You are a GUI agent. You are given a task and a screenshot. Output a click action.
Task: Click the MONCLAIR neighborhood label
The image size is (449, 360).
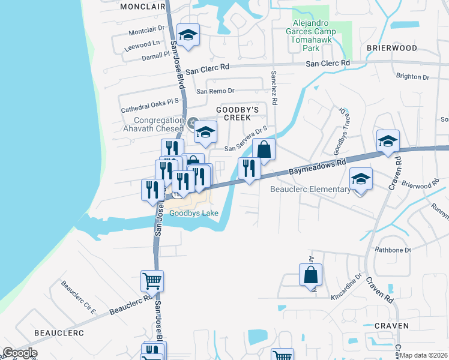pos(142,7)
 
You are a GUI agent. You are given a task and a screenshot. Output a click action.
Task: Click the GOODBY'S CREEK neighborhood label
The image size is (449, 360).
pos(237,113)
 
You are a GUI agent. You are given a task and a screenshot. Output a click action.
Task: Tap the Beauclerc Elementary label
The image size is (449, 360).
pos(310,190)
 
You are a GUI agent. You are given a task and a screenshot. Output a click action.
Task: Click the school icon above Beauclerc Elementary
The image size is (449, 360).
pos(361,179)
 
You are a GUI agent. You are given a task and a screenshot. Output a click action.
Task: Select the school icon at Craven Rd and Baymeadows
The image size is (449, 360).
pos(388,141)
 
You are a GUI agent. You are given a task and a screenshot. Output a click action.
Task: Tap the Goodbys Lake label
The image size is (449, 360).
pos(193,213)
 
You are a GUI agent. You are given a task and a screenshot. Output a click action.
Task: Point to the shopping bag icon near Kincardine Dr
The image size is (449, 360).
pos(310,275)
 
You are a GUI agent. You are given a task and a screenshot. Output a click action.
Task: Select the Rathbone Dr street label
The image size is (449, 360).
pos(393,250)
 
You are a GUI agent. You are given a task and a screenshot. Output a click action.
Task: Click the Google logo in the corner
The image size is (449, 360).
pos(19,353)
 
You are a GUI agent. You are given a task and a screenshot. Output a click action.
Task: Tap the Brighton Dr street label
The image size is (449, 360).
pos(413,77)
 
